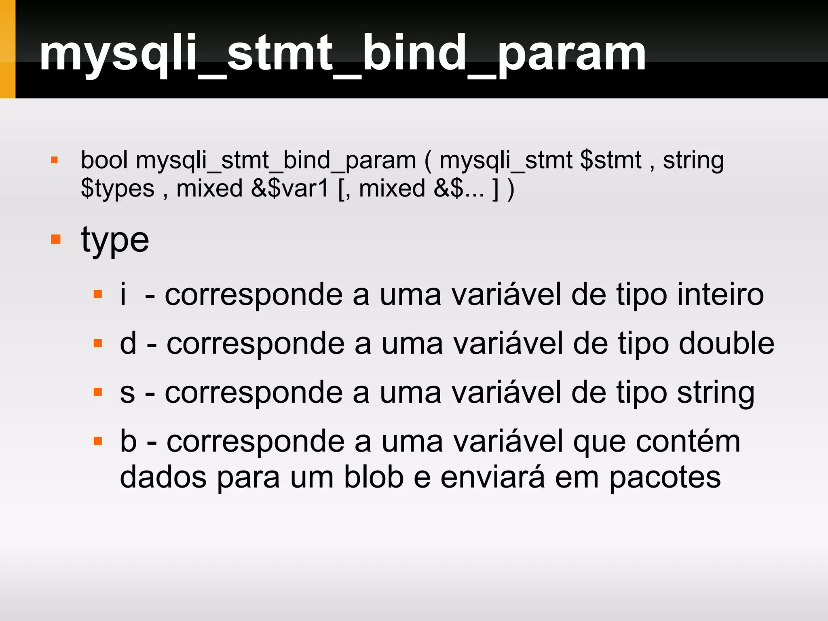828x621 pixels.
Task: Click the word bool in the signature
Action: pyautogui.click(x=104, y=160)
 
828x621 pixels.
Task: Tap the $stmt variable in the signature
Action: pyautogui.click(x=610, y=160)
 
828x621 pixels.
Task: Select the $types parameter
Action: pyautogui.click(x=117, y=189)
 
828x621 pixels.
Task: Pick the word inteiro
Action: pyautogui.click(x=720, y=294)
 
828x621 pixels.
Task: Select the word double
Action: pyautogui.click(x=726, y=343)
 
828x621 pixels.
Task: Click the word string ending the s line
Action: pyautogui.click(x=716, y=393)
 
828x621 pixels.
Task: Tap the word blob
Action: pyautogui.click(x=374, y=477)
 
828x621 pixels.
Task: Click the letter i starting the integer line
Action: pyautogui.click(x=123, y=294)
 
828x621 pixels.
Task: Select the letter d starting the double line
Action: pyautogui.click(x=128, y=343)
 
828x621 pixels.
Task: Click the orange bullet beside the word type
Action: pyautogui.click(x=56, y=239)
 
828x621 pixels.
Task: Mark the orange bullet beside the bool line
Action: pyautogui.click(x=55, y=161)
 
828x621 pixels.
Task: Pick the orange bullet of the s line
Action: pyautogui.click(x=97, y=392)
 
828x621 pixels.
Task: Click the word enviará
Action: pyautogui.click(x=492, y=477)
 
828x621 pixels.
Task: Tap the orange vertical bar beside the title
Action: pyautogui.click(x=7, y=49)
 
